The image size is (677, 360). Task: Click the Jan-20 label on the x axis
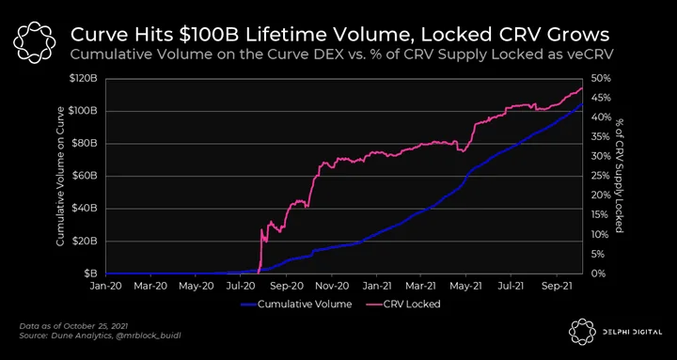(x=105, y=286)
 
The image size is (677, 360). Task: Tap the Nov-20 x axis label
(x=332, y=286)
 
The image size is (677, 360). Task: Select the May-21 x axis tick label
(x=466, y=286)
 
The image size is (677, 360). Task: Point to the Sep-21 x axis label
(x=557, y=286)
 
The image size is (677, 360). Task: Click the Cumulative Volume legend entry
(x=296, y=304)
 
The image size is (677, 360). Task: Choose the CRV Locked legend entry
(x=405, y=304)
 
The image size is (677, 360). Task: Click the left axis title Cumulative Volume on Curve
(x=60, y=176)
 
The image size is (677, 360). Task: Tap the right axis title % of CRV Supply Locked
(x=620, y=175)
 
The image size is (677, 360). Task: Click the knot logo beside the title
(x=35, y=42)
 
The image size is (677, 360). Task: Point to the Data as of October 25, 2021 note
(x=74, y=326)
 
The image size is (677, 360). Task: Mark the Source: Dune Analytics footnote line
(x=101, y=336)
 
